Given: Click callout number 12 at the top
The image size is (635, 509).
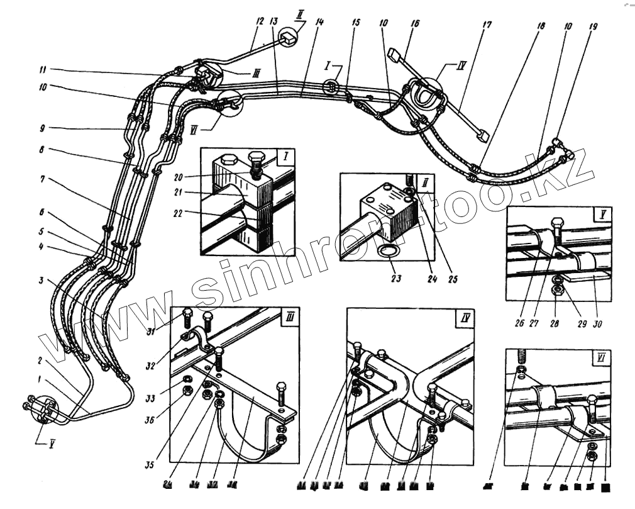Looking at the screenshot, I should [x=258, y=21].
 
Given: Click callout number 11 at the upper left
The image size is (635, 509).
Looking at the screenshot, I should [x=42, y=70].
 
